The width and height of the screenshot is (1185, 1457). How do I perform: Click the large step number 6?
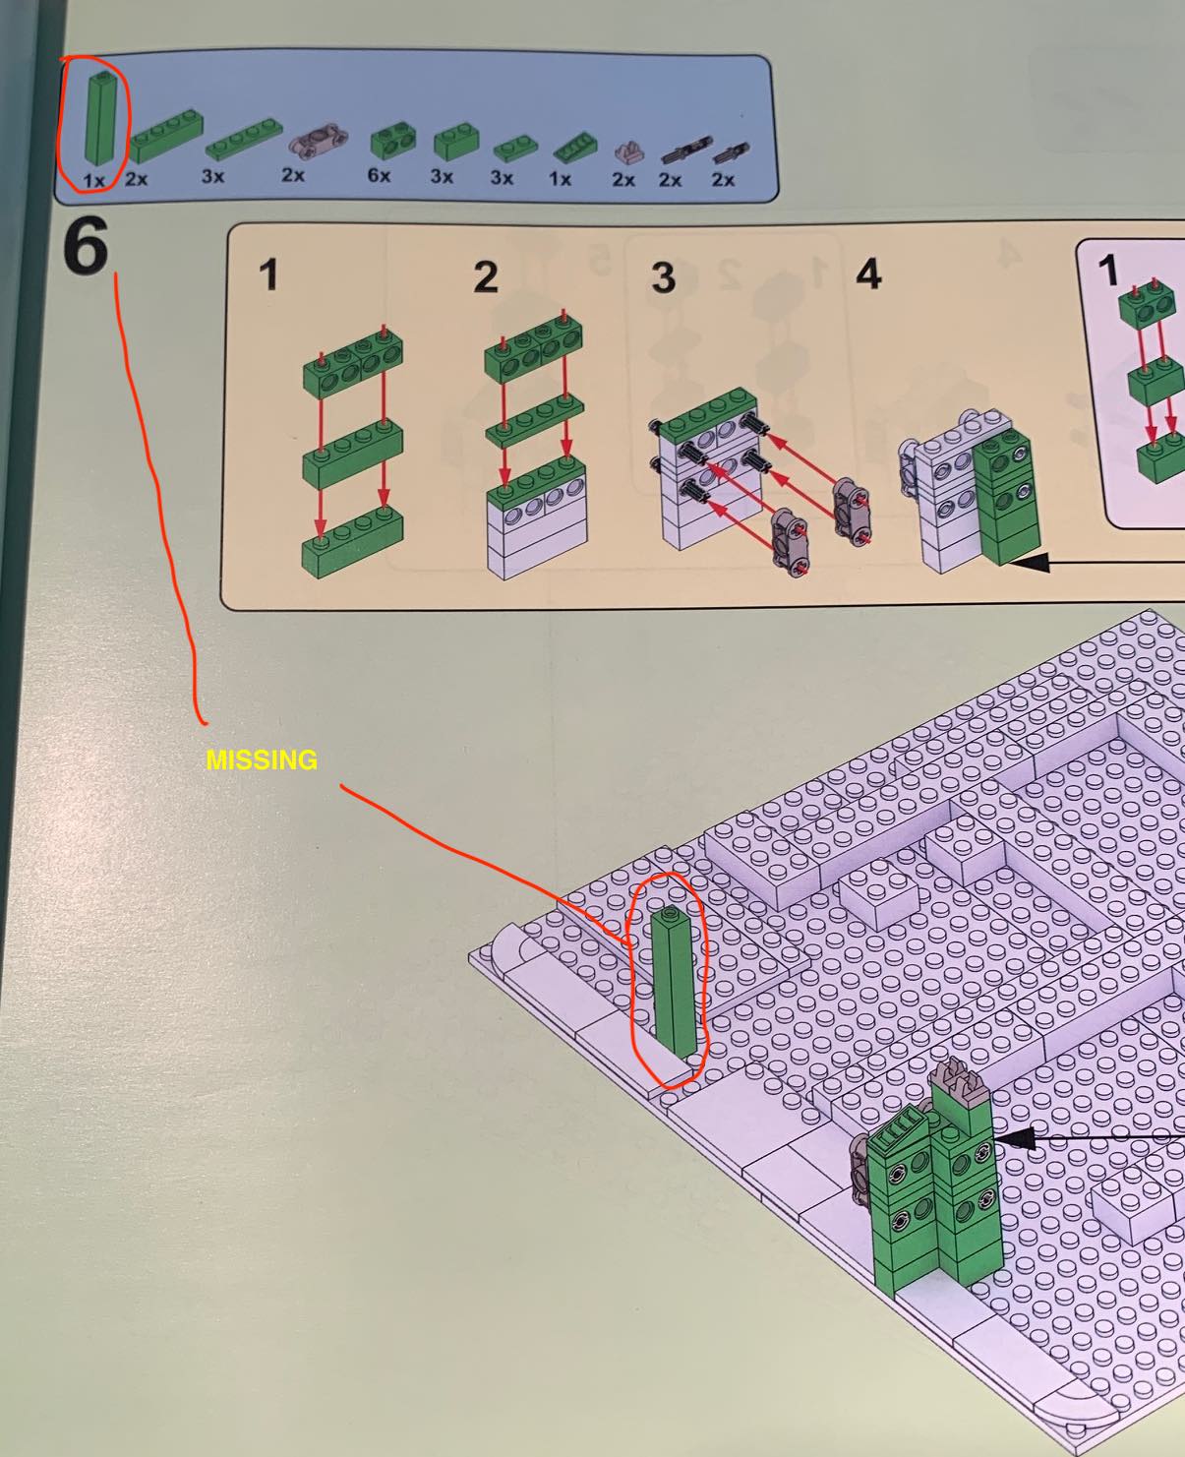click(87, 244)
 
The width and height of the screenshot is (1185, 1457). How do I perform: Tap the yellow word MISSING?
click(262, 759)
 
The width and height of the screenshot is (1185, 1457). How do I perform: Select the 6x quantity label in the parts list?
click(379, 176)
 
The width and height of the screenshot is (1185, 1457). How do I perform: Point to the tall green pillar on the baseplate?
click(675, 982)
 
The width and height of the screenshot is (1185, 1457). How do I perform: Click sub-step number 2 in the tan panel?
click(486, 277)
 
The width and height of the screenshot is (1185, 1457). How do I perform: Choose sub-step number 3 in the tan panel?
click(663, 277)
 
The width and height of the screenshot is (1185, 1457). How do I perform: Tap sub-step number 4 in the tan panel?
click(868, 274)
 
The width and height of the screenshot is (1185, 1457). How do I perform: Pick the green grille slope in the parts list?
click(574, 147)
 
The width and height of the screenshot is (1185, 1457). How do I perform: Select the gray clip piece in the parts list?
click(629, 152)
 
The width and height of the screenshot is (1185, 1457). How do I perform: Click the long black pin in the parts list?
click(685, 150)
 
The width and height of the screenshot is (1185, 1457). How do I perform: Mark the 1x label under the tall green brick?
click(93, 181)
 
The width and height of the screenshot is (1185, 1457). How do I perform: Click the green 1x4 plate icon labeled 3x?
click(244, 138)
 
